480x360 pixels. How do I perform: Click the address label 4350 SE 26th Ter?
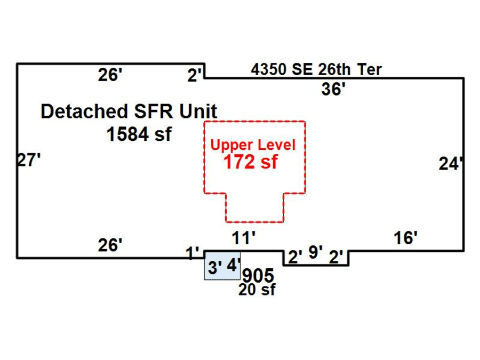click(x=316, y=69)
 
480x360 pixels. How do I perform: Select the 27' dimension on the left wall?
click(x=29, y=160)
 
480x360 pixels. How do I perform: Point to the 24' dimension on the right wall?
click(x=451, y=164)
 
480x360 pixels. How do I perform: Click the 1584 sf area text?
click(x=139, y=134)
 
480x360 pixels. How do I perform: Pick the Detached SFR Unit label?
click(x=129, y=112)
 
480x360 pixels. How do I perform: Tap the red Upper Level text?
click(x=253, y=145)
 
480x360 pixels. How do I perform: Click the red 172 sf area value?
click(x=251, y=162)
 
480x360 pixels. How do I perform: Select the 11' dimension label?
click(x=244, y=238)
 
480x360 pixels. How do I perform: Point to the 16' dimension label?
click(x=405, y=238)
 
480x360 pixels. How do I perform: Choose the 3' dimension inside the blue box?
click(x=214, y=267)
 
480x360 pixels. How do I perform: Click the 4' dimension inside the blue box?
click(x=233, y=265)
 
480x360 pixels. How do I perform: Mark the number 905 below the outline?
click(x=258, y=276)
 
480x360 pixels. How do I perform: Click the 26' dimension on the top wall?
click(x=110, y=75)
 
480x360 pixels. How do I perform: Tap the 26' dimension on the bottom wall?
click(x=110, y=245)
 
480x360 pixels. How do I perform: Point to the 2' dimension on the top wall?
click(x=195, y=76)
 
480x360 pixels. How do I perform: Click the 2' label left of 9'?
click(x=295, y=257)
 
